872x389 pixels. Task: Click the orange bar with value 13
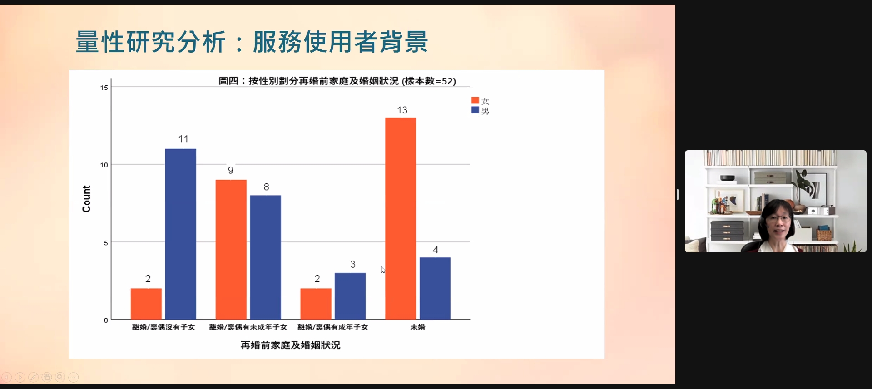(x=401, y=219)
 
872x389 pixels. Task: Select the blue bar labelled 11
(x=180, y=234)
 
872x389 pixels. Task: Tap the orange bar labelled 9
(x=231, y=250)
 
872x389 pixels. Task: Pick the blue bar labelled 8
(x=265, y=257)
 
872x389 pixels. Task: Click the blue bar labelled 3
(x=350, y=296)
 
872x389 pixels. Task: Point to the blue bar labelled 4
(x=435, y=288)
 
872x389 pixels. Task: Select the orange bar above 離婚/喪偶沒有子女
(x=146, y=304)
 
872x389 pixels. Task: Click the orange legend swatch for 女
(x=475, y=100)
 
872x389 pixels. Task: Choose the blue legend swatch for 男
(x=475, y=110)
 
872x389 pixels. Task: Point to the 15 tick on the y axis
(x=104, y=88)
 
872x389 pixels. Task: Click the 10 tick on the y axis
(x=104, y=165)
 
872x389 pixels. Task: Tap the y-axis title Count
(x=86, y=199)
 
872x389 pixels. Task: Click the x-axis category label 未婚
(x=418, y=327)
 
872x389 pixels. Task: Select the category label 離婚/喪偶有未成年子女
(x=248, y=327)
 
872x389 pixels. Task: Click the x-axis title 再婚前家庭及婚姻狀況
(x=290, y=345)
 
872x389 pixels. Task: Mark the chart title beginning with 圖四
(x=337, y=81)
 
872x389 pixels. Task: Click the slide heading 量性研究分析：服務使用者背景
(x=252, y=42)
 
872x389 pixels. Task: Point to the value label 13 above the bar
(x=402, y=110)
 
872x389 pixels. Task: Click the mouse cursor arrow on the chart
(x=383, y=270)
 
